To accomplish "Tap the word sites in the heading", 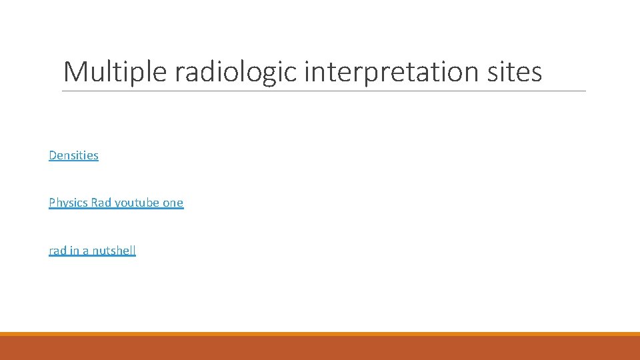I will point(513,72).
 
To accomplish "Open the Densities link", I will point(73,155).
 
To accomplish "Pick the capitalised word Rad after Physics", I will point(101,203).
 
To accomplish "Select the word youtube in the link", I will point(137,203).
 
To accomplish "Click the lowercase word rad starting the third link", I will point(57,251).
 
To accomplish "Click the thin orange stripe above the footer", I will point(320,334).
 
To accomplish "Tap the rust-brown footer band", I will point(320,348).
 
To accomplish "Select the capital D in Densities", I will point(53,155).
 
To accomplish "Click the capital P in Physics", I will point(52,203).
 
